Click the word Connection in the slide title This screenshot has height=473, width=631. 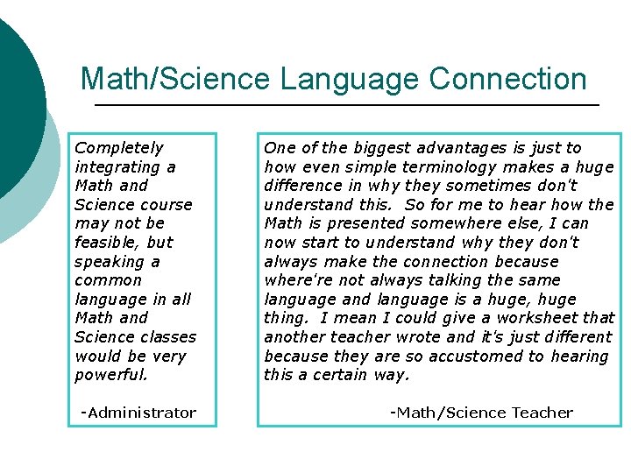click(507, 80)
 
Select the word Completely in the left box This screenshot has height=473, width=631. click(119, 148)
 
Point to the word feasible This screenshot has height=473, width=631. click(109, 243)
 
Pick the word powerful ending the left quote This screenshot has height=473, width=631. click(111, 375)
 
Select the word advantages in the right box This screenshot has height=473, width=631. click(465, 148)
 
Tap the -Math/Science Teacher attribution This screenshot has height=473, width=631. click(481, 413)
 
